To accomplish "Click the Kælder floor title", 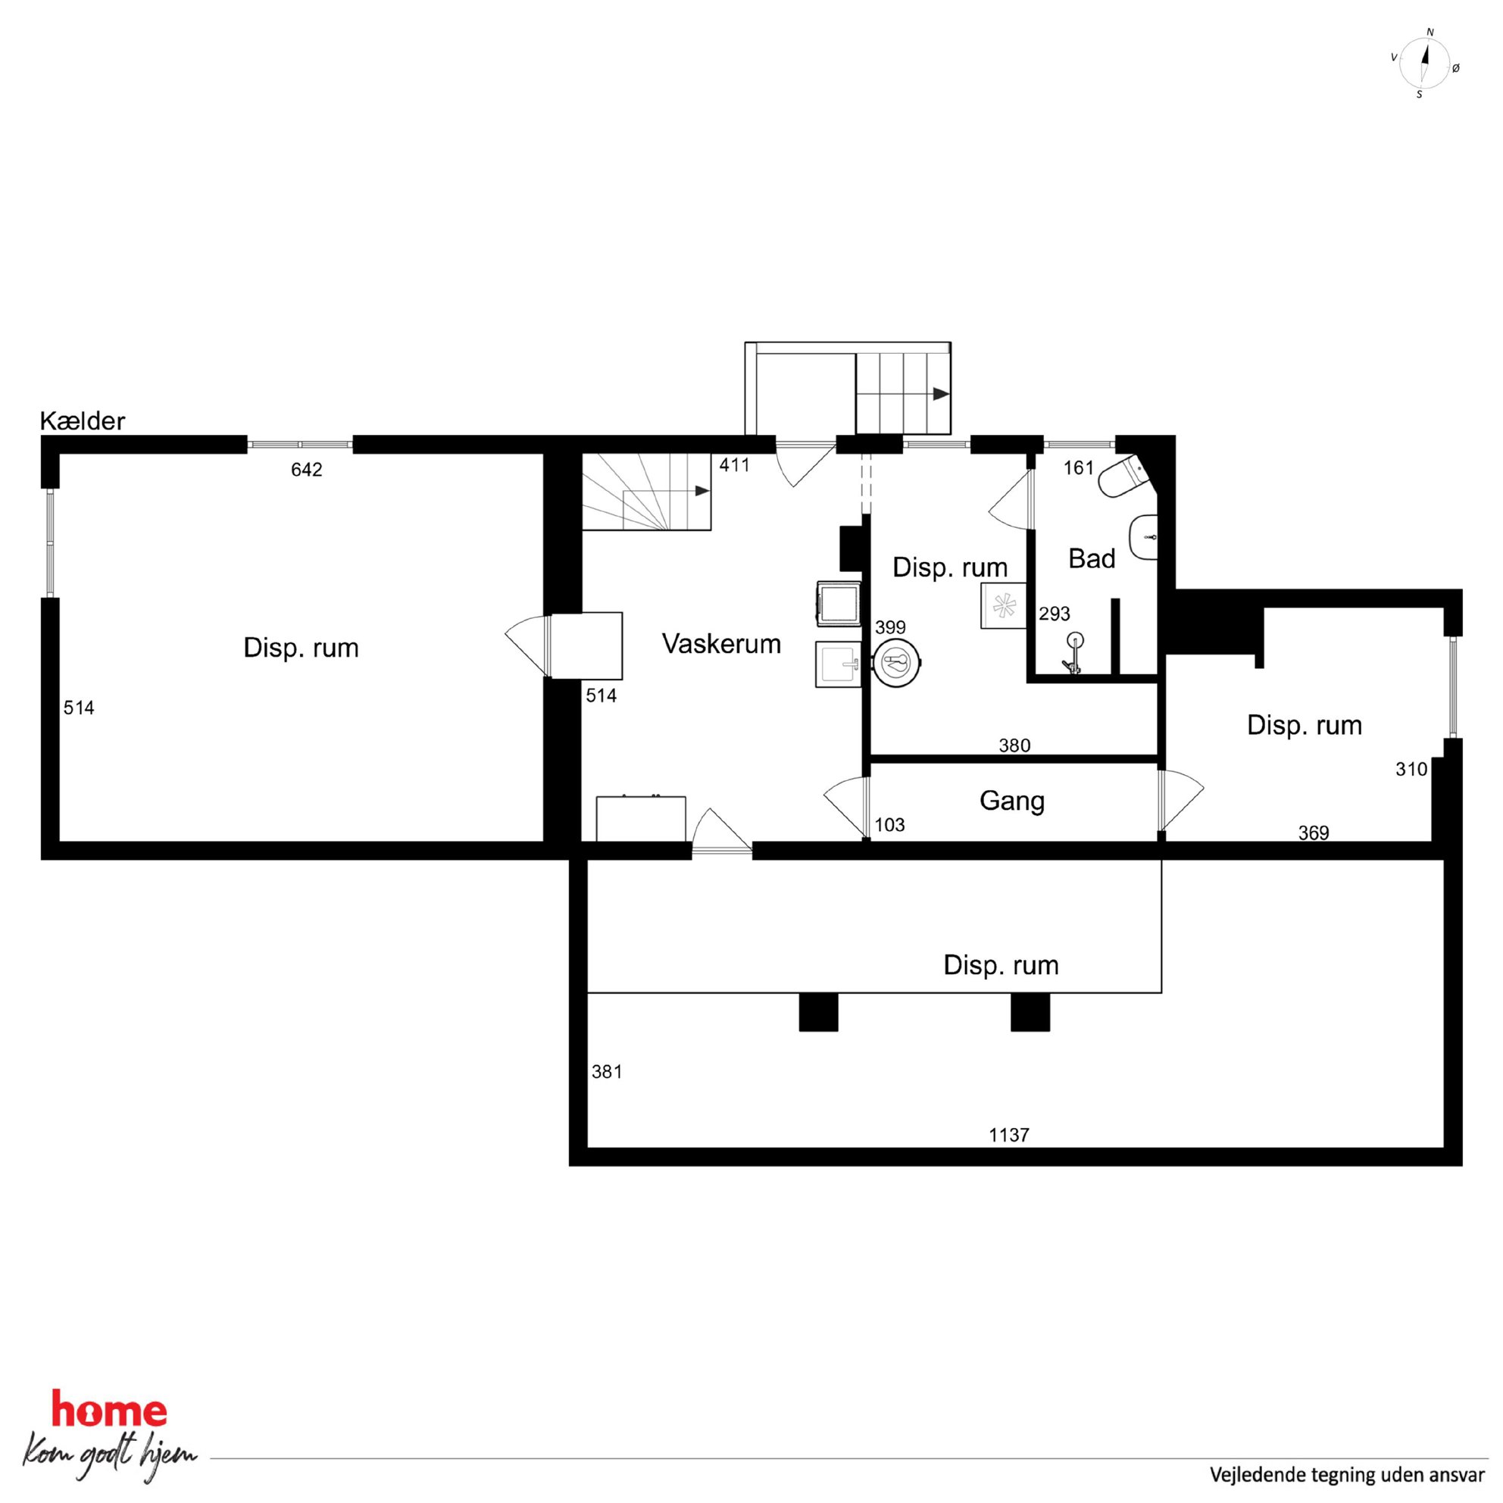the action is [83, 421].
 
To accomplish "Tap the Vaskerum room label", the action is [721, 643].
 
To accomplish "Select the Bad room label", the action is [1092, 558].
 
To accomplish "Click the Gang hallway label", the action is [1011, 801].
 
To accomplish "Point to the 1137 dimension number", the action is [1009, 1135].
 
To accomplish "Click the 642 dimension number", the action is [307, 470].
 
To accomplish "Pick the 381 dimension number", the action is [607, 1072].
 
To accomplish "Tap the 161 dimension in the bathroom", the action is [1078, 467].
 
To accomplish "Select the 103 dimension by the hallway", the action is [889, 825].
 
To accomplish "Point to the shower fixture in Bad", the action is [1073, 652].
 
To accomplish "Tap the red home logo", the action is [108, 1411].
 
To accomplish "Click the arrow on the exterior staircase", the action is [942, 394].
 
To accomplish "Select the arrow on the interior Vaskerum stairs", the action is [702, 491].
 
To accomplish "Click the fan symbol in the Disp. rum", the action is [1004, 606].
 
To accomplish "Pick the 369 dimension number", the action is [1313, 833].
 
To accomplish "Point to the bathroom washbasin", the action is [1143, 537].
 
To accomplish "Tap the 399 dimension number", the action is [890, 627].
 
